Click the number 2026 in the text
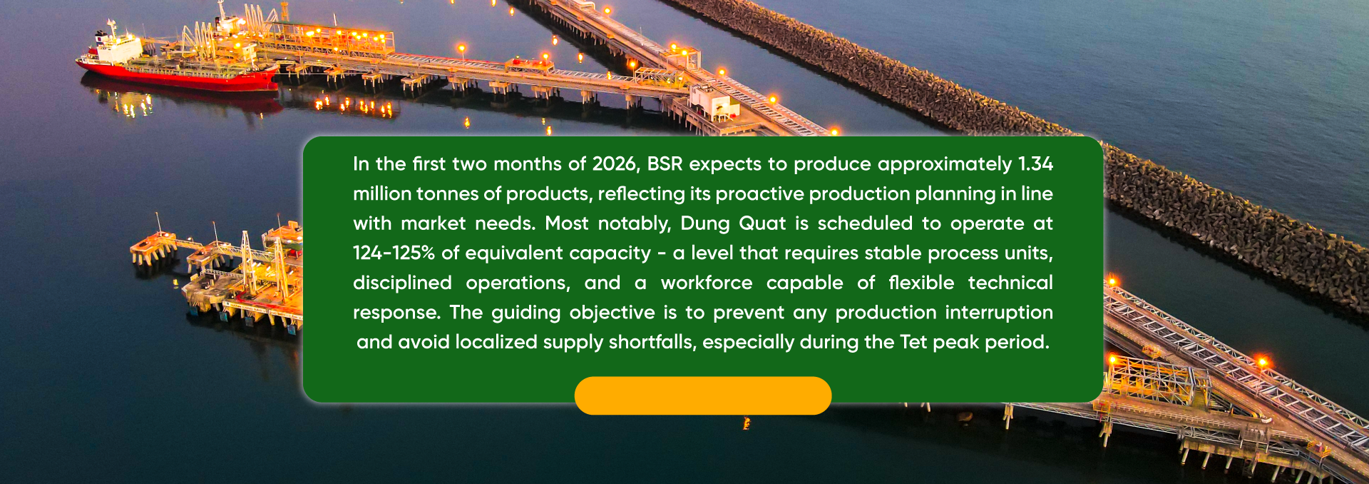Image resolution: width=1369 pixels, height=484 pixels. coord(614,164)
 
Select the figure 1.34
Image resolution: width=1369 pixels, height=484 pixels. coord(1035,164)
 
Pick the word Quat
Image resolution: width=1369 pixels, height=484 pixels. coord(762,223)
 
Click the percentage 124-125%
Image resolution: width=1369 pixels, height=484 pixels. coord(394,253)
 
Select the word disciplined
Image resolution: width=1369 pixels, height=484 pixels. coord(402,283)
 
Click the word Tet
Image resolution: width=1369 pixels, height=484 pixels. coord(913,343)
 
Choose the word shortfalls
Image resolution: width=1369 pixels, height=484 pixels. coord(651,343)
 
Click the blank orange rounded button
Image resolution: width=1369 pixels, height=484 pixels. coord(703,395)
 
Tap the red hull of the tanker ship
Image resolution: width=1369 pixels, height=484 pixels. coord(178,77)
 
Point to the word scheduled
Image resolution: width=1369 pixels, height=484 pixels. coord(865,223)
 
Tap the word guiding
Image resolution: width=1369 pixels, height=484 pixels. coord(526,313)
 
